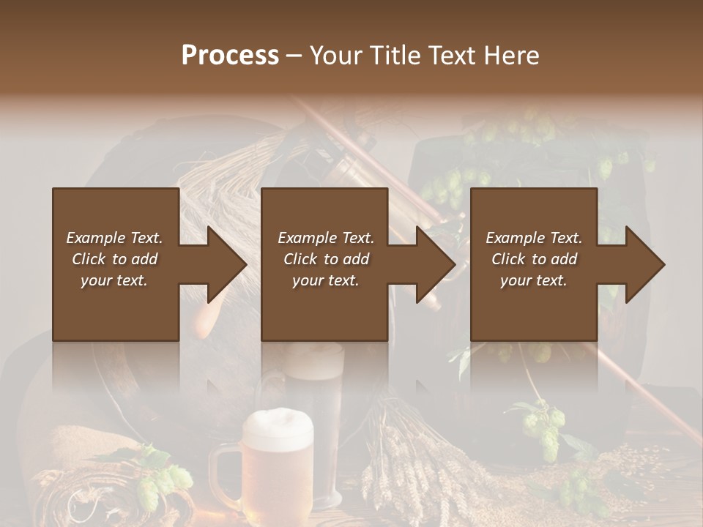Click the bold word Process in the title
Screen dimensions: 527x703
click(230, 56)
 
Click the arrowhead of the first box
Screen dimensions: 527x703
click(228, 264)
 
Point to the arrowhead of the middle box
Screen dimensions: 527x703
click(436, 264)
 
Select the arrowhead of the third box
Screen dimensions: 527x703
click(645, 264)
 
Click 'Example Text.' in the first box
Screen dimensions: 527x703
click(114, 238)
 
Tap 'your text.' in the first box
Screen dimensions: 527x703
click(114, 280)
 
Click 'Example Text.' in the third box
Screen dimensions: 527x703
click(534, 238)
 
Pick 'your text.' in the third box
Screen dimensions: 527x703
click(534, 280)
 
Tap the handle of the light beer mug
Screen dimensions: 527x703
click(223, 473)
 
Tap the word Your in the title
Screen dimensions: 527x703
click(336, 56)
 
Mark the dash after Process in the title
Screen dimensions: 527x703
click(294, 56)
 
